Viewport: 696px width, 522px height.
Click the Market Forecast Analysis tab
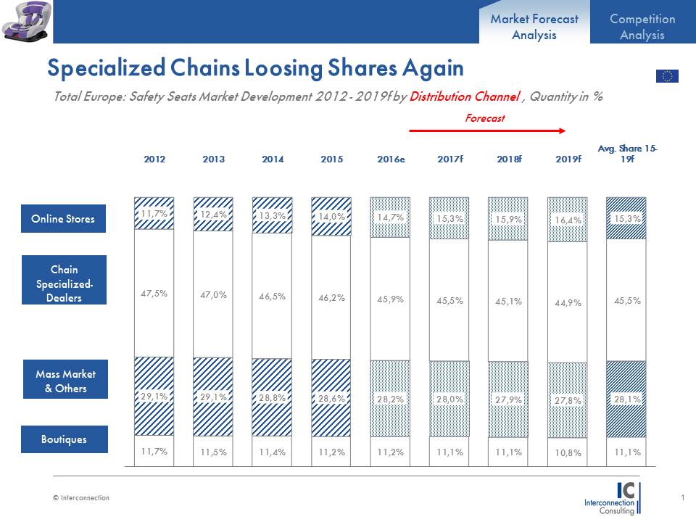coord(534,27)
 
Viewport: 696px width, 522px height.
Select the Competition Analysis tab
coord(642,27)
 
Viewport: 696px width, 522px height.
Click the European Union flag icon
coord(667,76)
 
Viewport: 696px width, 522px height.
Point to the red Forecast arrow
coord(487,130)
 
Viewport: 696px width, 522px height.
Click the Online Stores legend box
coord(63,219)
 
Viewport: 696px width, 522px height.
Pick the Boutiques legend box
coord(64,439)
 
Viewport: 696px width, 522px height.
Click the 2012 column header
coord(154,159)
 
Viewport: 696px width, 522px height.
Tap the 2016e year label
coord(391,159)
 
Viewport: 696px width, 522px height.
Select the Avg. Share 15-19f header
coord(628,153)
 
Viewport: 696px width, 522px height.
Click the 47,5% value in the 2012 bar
coord(154,294)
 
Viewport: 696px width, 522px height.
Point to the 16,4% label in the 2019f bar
coord(568,220)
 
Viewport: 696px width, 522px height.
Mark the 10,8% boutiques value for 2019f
coord(568,452)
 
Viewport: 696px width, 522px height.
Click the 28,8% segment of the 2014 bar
coord(273,398)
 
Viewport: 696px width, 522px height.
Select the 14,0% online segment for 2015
coord(331,216)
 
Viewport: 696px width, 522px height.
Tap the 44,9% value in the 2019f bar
coord(568,303)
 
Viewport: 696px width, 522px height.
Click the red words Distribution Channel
coord(465,96)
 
